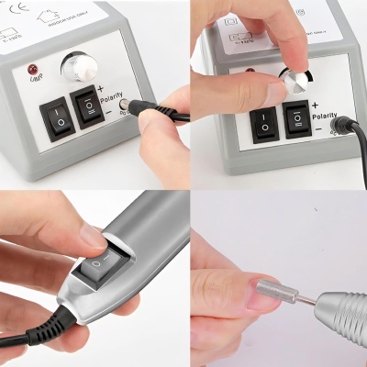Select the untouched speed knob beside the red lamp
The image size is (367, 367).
tap(78, 66)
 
